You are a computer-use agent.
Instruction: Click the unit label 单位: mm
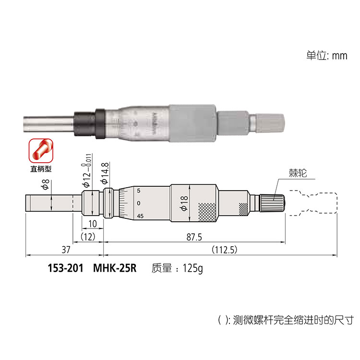click(327, 56)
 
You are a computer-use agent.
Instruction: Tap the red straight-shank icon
click(41, 151)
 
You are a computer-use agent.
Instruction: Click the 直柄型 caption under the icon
click(41, 169)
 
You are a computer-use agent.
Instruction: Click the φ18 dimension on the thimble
click(184, 203)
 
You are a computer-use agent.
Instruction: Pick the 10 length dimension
click(93, 224)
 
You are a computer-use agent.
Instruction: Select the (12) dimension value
click(88, 237)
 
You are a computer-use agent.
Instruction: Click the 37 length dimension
click(66, 250)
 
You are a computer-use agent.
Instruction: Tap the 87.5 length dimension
click(194, 237)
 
